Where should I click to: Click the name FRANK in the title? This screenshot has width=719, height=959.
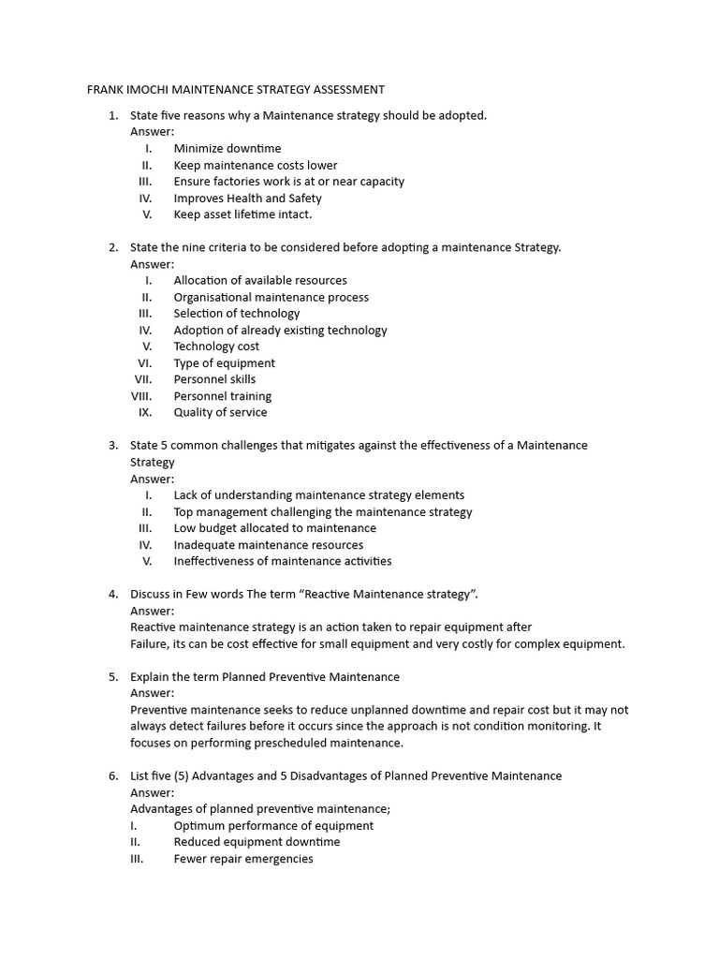tap(105, 90)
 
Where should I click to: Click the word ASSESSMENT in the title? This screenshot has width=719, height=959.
tap(341, 90)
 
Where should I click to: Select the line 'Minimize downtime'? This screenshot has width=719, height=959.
tap(227, 148)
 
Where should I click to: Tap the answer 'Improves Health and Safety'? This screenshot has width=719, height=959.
tap(247, 198)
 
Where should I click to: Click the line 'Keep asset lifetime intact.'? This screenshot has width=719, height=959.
tap(242, 214)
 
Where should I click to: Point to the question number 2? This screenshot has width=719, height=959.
tap(112, 247)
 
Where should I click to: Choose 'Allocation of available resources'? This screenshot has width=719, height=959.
tap(259, 280)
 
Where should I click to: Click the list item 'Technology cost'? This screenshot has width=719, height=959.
tap(216, 347)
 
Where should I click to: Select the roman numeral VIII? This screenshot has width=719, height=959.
tap(142, 396)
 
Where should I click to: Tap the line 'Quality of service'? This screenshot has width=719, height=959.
tap(220, 412)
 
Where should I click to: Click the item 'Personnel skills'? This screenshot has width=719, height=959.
tap(214, 379)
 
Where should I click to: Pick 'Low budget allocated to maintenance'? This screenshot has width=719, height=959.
tap(274, 528)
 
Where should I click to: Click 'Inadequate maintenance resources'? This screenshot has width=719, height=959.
tap(268, 545)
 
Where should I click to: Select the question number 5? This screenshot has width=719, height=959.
tap(112, 677)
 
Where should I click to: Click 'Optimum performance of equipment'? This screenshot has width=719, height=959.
tap(273, 826)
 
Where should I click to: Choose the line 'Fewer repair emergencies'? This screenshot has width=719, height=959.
tap(243, 859)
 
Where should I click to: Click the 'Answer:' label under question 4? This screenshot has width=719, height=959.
tap(152, 611)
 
